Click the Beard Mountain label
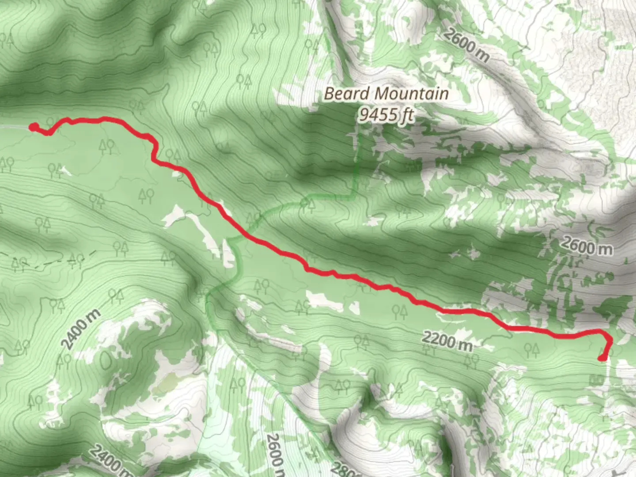[x=386, y=94]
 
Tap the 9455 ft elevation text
[x=386, y=115]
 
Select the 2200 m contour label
[x=447, y=341]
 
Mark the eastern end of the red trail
[x=602, y=358]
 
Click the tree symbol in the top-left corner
[x=6, y=40]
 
